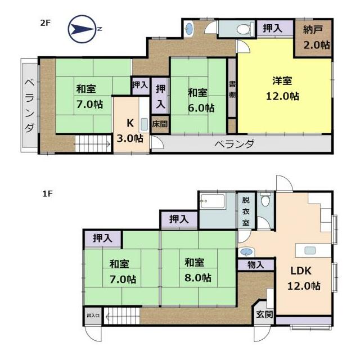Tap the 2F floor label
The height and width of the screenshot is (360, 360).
pos(45,23)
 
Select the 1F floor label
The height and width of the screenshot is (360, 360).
pos(47,193)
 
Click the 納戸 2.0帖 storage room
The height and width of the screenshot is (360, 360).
pos(313,38)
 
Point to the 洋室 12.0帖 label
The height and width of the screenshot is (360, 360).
pos(282,89)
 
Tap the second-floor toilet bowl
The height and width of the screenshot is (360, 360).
pos(244,29)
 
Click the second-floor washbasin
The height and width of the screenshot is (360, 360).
pos(188,29)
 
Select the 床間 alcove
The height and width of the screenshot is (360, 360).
pos(160,124)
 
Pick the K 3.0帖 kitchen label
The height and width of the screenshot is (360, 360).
pos(130,131)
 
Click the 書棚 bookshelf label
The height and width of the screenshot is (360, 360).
pos(232,89)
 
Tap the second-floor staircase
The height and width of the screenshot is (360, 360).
pos(93,144)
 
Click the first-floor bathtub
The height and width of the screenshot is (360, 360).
pos(212,201)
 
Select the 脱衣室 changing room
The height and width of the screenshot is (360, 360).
pos(246,211)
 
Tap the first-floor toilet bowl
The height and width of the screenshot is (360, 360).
pos(265,200)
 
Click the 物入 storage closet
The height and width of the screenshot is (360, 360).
pos(256,265)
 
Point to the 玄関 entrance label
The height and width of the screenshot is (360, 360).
pos(264,314)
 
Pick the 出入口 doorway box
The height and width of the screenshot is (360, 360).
pos(93,316)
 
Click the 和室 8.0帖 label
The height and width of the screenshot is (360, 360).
pos(198,270)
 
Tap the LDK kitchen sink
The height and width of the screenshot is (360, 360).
pos(310,250)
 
